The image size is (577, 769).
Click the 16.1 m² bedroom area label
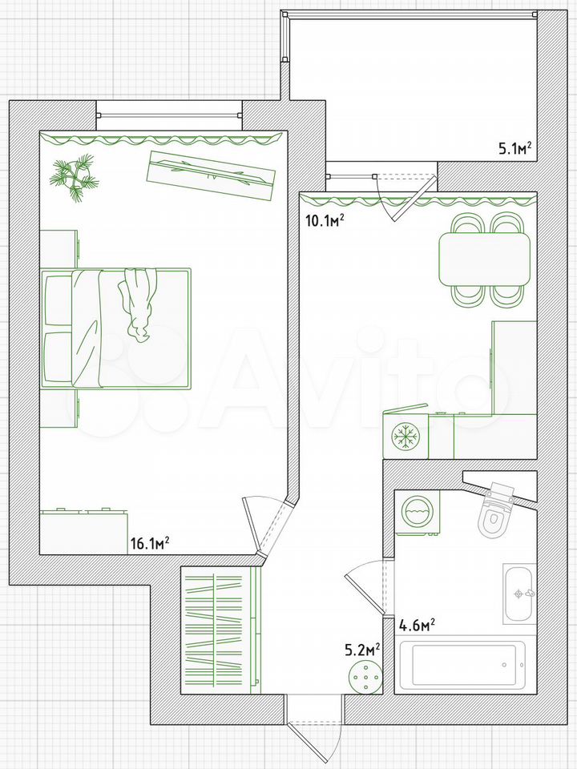pyautogui.click(x=150, y=543)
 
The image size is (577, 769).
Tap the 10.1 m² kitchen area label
pyautogui.click(x=324, y=220)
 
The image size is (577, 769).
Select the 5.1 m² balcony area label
pyautogui.click(x=515, y=147)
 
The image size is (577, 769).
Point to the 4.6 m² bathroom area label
pyautogui.click(x=418, y=626)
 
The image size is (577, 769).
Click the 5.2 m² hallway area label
pyautogui.click(x=362, y=650)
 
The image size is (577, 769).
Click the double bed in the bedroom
pyautogui.click(x=115, y=328)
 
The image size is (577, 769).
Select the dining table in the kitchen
pyautogui.click(x=485, y=259)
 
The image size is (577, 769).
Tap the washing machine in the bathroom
pyautogui.click(x=417, y=513)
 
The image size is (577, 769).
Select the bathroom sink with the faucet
pyautogui.click(x=518, y=594)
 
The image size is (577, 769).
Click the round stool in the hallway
pyautogui.click(x=365, y=676)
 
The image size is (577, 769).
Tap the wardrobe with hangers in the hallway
pyautogui.click(x=220, y=630)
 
